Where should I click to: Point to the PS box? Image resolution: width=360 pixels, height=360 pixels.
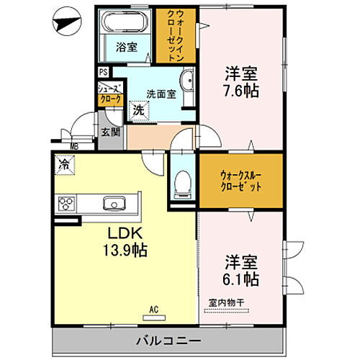coord(104,72)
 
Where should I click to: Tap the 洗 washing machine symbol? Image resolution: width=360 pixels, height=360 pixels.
coord(137,112)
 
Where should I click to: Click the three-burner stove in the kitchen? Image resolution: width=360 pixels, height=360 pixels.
coord(66,204)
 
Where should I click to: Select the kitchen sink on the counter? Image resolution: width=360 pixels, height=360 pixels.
coord(114,203)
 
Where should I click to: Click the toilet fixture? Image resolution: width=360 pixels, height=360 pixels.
coord(181,184)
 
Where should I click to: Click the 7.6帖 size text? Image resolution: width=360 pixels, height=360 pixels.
coord(242,92)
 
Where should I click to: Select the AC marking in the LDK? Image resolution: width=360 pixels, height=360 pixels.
coord(153,310)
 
